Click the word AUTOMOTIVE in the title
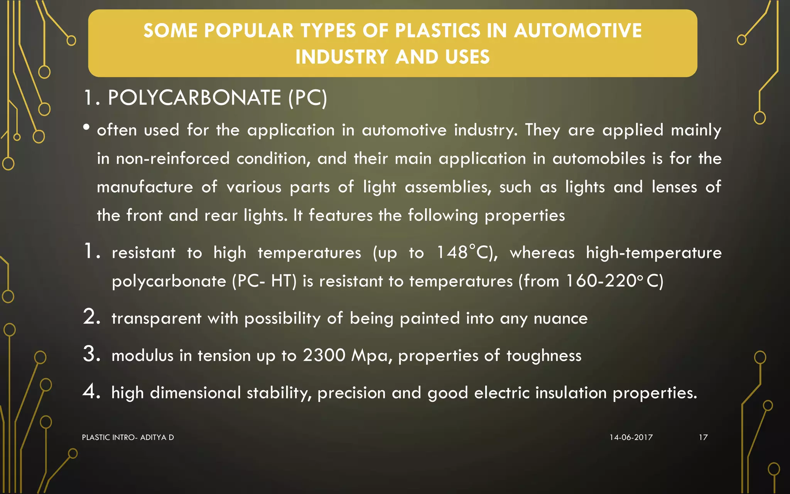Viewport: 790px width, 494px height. pyautogui.click(x=578, y=31)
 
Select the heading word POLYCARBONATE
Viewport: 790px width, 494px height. pyautogui.click(x=194, y=98)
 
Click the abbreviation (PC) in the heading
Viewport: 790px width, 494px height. pyautogui.click(x=307, y=98)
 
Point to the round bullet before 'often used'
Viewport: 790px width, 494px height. pyautogui.click(x=86, y=127)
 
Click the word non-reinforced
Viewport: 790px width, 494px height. pyautogui.click(x=173, y=159)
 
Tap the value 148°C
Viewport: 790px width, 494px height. pyautogui.click(x=467, y=253)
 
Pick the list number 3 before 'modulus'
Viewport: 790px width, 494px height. pyautogui.click(x=91, y=354)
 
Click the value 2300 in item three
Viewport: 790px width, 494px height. pyautogui.click(x=324, y=355)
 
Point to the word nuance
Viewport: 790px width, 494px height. pyautogui.click(x=560, y=318)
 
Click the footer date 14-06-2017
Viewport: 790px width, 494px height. pyautogui.click(x=631, y=437)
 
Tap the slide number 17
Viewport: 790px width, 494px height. pyautogui.click(x=703, y=437)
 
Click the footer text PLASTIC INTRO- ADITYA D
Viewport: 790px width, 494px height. pyautogui.click(x=128, y=437)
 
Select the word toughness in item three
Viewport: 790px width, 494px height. pyautogui.click(x=544, y=355)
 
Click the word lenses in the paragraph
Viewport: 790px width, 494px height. pyautogui.click(x=674, y=187)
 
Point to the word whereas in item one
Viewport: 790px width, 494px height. pyautogui.click(x=542, y=253)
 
